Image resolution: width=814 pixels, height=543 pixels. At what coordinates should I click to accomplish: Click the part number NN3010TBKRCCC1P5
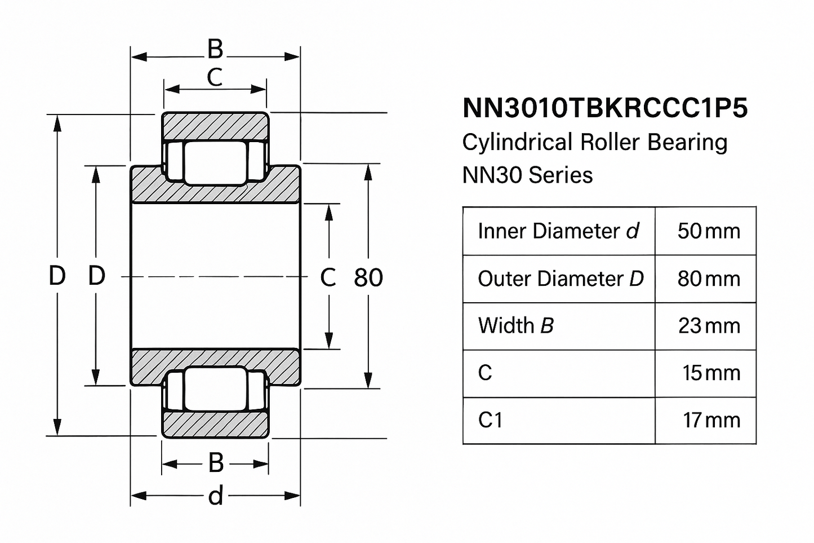tap(604, 108)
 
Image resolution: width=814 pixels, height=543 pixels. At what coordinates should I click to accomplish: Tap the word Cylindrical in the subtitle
tap(516, 142)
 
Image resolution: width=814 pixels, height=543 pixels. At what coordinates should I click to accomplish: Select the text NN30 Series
tap(527, 175)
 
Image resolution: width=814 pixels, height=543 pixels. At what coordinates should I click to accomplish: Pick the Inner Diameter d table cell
tap(558, 231)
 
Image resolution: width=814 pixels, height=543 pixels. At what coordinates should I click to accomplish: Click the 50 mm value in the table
tap(708, 231)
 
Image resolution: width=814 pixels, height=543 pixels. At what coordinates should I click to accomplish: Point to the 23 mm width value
tap(709, 326)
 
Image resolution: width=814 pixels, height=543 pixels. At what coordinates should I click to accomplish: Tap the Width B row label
tap(515, 326)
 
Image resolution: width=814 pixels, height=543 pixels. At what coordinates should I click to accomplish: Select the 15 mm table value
tap(711, 373)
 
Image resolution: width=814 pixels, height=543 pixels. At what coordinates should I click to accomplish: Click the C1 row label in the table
tap(490, 420)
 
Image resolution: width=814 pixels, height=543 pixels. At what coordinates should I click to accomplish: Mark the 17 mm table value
tap(711, 420)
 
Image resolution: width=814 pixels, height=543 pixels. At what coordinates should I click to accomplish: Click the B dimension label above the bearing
tap(215, 50)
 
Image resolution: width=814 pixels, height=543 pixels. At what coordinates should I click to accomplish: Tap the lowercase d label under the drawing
tap(216, 496)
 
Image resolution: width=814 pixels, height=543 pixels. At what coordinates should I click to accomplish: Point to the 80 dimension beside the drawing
tap(368, 277)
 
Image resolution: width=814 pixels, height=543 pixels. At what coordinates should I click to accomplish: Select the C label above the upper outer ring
tap(215, 78)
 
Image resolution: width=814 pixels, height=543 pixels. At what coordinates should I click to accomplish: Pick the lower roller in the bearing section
tap(216, 389)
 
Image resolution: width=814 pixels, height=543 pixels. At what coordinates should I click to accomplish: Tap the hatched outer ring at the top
tap(215, 126)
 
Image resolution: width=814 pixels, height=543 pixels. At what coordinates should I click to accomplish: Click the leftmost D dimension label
tap(57, 276)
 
